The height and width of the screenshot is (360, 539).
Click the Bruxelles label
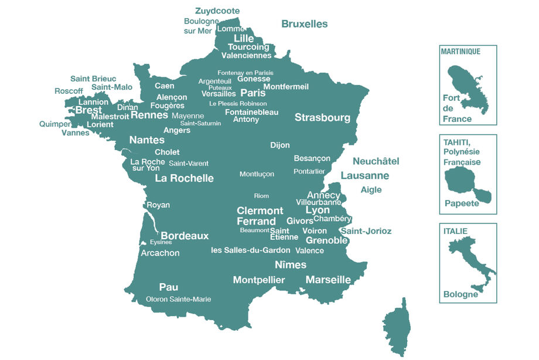[x=304, y=24]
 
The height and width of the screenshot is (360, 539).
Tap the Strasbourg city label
[x=322, y=117]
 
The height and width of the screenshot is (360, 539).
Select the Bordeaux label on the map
[x=185, y=236]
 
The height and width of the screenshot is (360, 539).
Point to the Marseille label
[x=328, y=280]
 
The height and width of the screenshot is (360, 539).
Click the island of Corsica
[x=397, y=328]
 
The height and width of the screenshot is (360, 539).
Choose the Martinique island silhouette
[x=465, y=86]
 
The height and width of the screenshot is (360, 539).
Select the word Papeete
[x=461, y=203]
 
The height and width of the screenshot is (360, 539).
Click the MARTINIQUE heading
[x=460, y=52]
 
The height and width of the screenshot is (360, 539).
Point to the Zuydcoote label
[x=217, y=11]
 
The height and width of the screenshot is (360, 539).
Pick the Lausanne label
[x=364, y=175]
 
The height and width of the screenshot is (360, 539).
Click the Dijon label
[x=280, y=145]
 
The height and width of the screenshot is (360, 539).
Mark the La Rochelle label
[x=184, y=178]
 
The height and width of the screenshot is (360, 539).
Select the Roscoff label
[x=69, y=91]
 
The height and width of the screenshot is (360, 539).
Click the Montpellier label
[x=259, y=280]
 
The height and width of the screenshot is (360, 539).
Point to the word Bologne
[x=460, y=294]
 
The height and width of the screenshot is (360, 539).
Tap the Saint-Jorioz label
[x=366, y=231]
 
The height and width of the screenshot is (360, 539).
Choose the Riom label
[x=261, y=196]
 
